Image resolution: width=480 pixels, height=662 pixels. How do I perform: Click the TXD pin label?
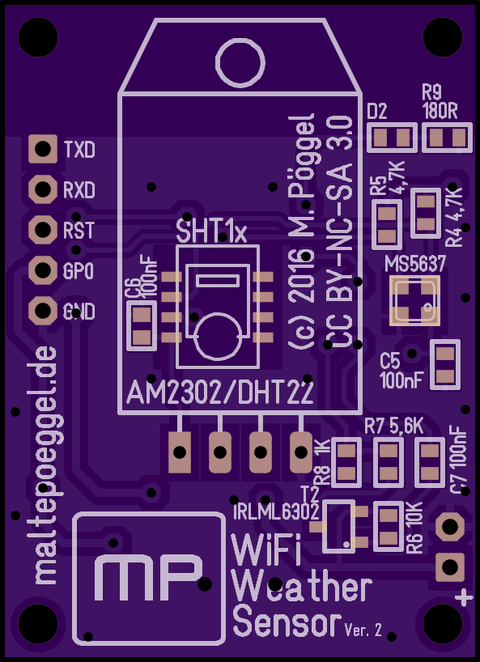click(x=79, y=149)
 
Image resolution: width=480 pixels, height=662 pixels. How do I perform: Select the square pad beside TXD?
click(x=43, y=149)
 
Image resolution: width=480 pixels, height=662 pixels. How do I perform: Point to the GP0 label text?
click(x=79, y=272)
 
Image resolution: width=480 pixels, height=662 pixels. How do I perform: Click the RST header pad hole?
click(x=43, y=229)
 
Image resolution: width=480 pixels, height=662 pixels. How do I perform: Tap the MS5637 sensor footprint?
click(x=414, y=300)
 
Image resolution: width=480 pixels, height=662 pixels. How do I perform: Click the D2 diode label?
click(x=377, y=112)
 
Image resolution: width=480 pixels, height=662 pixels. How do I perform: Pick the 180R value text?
click(x=440, y=112)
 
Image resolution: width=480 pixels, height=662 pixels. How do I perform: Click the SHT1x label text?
click(x=211, y=232)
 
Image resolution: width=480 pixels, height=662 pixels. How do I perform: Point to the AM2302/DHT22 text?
click(x=220, y=393)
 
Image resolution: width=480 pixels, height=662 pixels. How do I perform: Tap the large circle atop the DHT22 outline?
click(x=240, y=63)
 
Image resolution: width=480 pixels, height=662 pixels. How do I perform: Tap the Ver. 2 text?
click(x=363, y=630)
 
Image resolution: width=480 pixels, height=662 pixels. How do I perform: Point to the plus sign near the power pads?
click(x=464, y=598)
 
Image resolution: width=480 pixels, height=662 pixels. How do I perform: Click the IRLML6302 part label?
click(x=276, y=512)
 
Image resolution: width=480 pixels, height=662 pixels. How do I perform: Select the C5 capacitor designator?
click(x=389, y=362)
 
